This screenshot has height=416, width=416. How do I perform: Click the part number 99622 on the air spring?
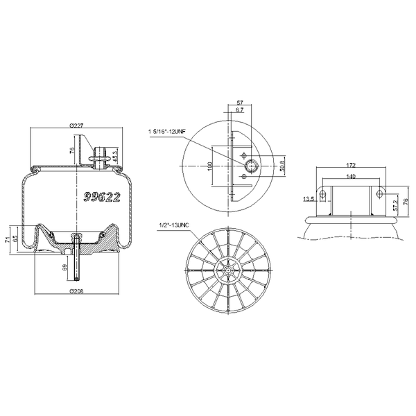102,198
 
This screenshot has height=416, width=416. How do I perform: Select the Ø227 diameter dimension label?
77,125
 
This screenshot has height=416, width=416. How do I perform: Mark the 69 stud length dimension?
66,267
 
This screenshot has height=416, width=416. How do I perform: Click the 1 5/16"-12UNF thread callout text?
167,130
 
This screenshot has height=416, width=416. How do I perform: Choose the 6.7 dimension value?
239,110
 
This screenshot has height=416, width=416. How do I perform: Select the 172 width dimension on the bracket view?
350,166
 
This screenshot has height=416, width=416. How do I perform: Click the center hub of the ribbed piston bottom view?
228,268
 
